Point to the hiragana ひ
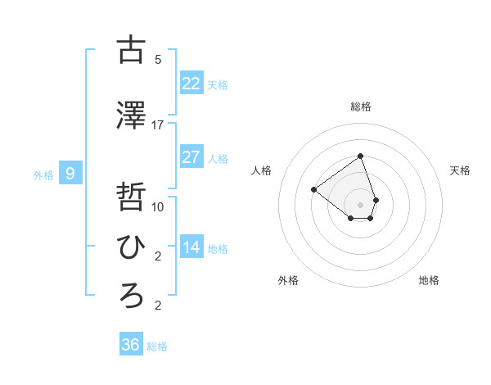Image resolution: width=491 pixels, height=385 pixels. (x=130, y=247)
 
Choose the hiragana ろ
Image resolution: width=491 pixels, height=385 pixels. (x=130, y=296)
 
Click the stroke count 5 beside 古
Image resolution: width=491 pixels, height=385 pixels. (x=158, y=60)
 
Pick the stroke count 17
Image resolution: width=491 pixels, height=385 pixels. (x=158, y=125)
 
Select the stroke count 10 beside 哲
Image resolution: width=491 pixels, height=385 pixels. (x=158, y=207)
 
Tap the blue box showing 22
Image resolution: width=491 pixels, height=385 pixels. (x=191, y=83)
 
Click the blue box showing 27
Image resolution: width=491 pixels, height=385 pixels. (x=191, y=156)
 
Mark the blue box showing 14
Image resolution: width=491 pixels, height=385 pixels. (x=191, y=247)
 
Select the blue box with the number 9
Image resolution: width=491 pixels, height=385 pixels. (x=70, y=174)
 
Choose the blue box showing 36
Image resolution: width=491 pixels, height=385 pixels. (x=130, y=345)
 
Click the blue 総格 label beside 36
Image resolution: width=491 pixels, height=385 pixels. (x=157, y=346)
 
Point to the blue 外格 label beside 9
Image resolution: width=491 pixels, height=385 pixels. (x=43, y=174)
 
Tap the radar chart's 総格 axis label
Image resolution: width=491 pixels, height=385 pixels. (x=360, y=106)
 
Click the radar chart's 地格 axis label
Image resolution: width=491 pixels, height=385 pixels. (x=429, y=280)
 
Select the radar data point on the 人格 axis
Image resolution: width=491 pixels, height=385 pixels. (x=313, y=190)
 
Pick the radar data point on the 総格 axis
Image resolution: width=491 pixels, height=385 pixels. (x=360, y=156)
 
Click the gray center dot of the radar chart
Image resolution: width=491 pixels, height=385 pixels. (x=360, y=205)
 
